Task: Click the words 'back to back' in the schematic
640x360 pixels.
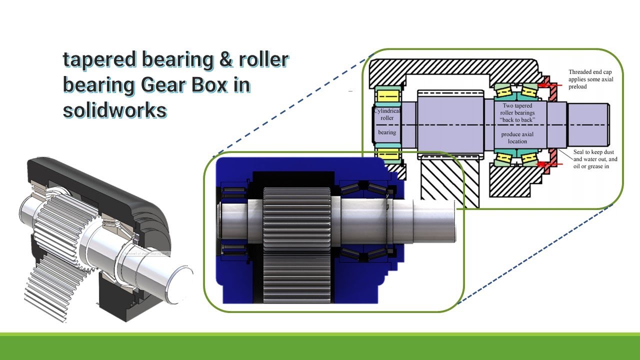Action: click(x=517, y=120)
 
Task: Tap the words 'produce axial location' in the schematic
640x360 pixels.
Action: click(x=517, y=138)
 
